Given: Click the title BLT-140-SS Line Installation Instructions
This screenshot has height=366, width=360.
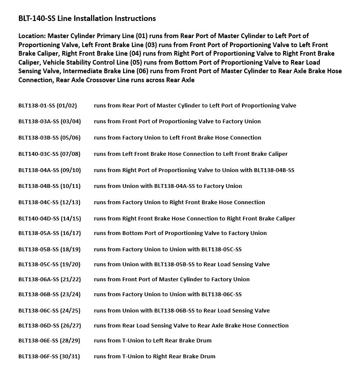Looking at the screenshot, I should [87, 18].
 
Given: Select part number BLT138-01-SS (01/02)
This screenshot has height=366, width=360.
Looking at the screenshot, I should [47, 105].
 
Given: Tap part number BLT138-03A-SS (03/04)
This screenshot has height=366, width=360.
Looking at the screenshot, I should [49, 121].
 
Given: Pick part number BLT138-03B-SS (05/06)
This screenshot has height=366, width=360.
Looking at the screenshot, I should [49, 137].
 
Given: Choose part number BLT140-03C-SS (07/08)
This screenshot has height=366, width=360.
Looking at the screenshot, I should [49, 154].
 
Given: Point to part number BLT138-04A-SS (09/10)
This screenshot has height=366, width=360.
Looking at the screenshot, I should [49, 170].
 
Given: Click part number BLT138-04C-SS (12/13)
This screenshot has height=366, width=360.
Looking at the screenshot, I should [49, 202].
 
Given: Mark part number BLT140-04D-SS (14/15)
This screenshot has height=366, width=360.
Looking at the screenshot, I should [49, 218].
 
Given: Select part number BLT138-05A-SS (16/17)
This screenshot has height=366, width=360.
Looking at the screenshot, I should [49, 233].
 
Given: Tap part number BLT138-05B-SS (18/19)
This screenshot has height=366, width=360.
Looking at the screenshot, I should [49, 249].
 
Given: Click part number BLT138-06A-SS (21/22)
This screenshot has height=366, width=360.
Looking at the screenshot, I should [49, 279].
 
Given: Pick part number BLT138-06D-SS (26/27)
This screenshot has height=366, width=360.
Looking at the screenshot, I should [49, 325].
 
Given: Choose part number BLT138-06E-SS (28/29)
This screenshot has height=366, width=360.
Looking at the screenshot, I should [49, 340].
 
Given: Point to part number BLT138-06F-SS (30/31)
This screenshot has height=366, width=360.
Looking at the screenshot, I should [49, 356].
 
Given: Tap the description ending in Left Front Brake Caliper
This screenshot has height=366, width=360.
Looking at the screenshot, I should [191, 154].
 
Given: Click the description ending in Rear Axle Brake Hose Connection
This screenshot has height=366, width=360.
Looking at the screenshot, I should [191, 325].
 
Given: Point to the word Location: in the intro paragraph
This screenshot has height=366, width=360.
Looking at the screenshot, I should [32, 36].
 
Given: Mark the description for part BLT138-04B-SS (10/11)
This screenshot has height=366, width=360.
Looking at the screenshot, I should [168, 186].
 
